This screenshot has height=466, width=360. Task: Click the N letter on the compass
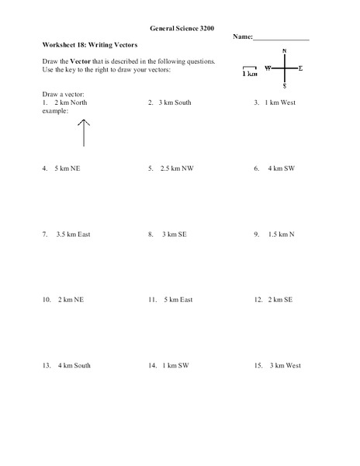pyautogui.click(x=285, y=52)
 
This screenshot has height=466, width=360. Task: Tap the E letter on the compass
pyautogui.click(x=301, y=68)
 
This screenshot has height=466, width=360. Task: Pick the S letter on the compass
pyautogui.click(x=285, y=86)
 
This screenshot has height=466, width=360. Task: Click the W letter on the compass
pyautogui.click(x=268, y=68)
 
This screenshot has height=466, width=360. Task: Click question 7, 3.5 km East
pyautogui.click(x=67, y=234)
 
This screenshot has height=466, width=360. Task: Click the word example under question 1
pyautogui.click(x=56, y=110)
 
